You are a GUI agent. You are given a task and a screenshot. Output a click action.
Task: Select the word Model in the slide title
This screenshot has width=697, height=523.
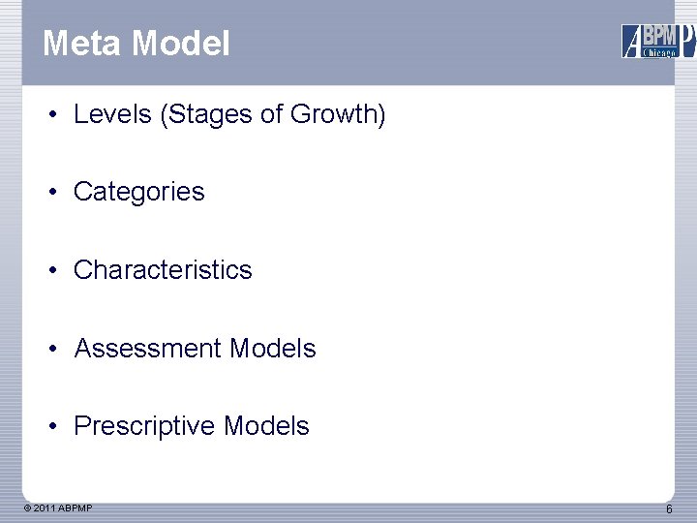tap(181, 44)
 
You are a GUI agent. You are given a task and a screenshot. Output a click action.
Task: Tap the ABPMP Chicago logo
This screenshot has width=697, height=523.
tap(657, 41)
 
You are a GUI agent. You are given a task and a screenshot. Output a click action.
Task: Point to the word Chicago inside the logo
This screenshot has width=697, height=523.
tap(660, 52)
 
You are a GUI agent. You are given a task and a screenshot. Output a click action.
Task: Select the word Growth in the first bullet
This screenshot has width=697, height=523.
tap(335, 114)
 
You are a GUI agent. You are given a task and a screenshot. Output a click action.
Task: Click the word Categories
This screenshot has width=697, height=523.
tap(138, 192)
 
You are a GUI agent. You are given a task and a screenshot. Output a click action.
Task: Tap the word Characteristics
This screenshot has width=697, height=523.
tap(163, 269)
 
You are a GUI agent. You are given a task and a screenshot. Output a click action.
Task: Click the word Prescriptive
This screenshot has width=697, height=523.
tap(144, 426)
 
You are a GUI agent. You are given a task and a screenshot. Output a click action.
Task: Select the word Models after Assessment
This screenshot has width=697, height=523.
tap(273, 348)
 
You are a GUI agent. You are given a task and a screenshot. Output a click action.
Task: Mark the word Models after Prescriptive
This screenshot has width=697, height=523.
tap(266, 426)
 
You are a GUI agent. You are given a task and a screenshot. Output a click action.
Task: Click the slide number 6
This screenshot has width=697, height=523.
tap(669, 509)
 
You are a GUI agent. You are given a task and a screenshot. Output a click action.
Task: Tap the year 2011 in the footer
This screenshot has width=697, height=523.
tap(45, 508)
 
